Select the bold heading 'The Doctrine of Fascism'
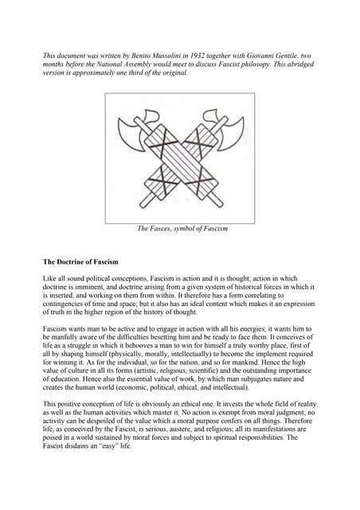pos(80,262)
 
